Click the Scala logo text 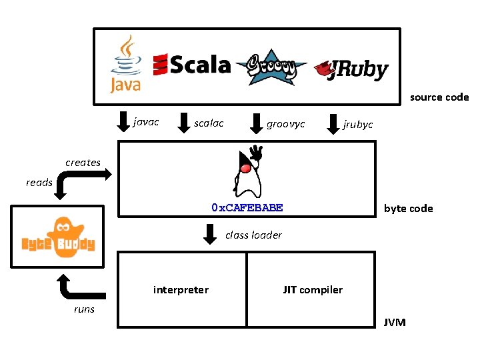(x=192, y=65)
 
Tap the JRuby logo (x=351, y=68)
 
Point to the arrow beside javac (x=123, y=122)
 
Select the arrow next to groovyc (x=257, y=123)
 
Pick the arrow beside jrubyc (x=333, y=123)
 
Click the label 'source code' (x=439, y=97)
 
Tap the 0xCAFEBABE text (x=247, y=207)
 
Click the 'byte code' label (x=408, y=209)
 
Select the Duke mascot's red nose (x=245, y=167)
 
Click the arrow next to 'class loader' (x=210, y=234)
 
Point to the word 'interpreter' (x=181, y=289)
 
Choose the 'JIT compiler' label (x=313, y=289)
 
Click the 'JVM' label (x=394, y=323)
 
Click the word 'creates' (x=83, y=163)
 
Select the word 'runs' (x=84, y=309)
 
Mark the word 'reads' (x=39, y=183)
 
